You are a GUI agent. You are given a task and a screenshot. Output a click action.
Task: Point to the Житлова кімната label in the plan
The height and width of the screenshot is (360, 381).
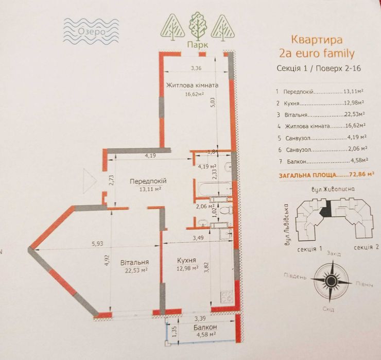point(192,85)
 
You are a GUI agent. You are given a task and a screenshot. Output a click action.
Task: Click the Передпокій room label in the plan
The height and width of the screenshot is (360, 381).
point(148,181)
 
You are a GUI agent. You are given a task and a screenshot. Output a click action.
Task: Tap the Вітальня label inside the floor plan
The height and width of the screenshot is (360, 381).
point(135,262)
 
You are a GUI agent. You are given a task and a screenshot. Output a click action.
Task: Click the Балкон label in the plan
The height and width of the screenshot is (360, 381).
point(205,328)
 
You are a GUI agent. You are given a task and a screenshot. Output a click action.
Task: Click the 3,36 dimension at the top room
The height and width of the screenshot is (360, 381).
point(196,68)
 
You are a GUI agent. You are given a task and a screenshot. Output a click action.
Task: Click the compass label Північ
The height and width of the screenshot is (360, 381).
point(360,284)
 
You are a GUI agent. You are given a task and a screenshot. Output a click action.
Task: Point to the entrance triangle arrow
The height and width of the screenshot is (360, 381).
point(90,180)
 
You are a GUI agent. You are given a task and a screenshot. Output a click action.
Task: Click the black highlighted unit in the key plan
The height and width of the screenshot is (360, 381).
point(324,209)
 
